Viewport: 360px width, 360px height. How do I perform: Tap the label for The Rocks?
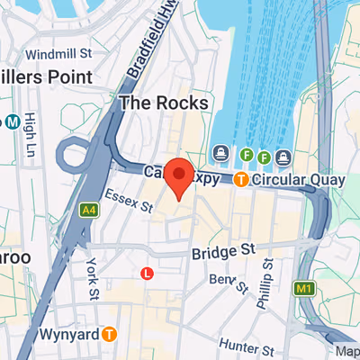[x=164, y=103]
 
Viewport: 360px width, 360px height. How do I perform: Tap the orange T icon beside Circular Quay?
[x=241, y=180]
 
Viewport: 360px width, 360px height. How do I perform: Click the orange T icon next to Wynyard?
[x=109, y=334]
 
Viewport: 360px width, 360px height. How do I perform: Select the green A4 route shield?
[x=88, y=210]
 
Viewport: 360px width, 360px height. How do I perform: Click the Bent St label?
[x=228, y=283]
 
